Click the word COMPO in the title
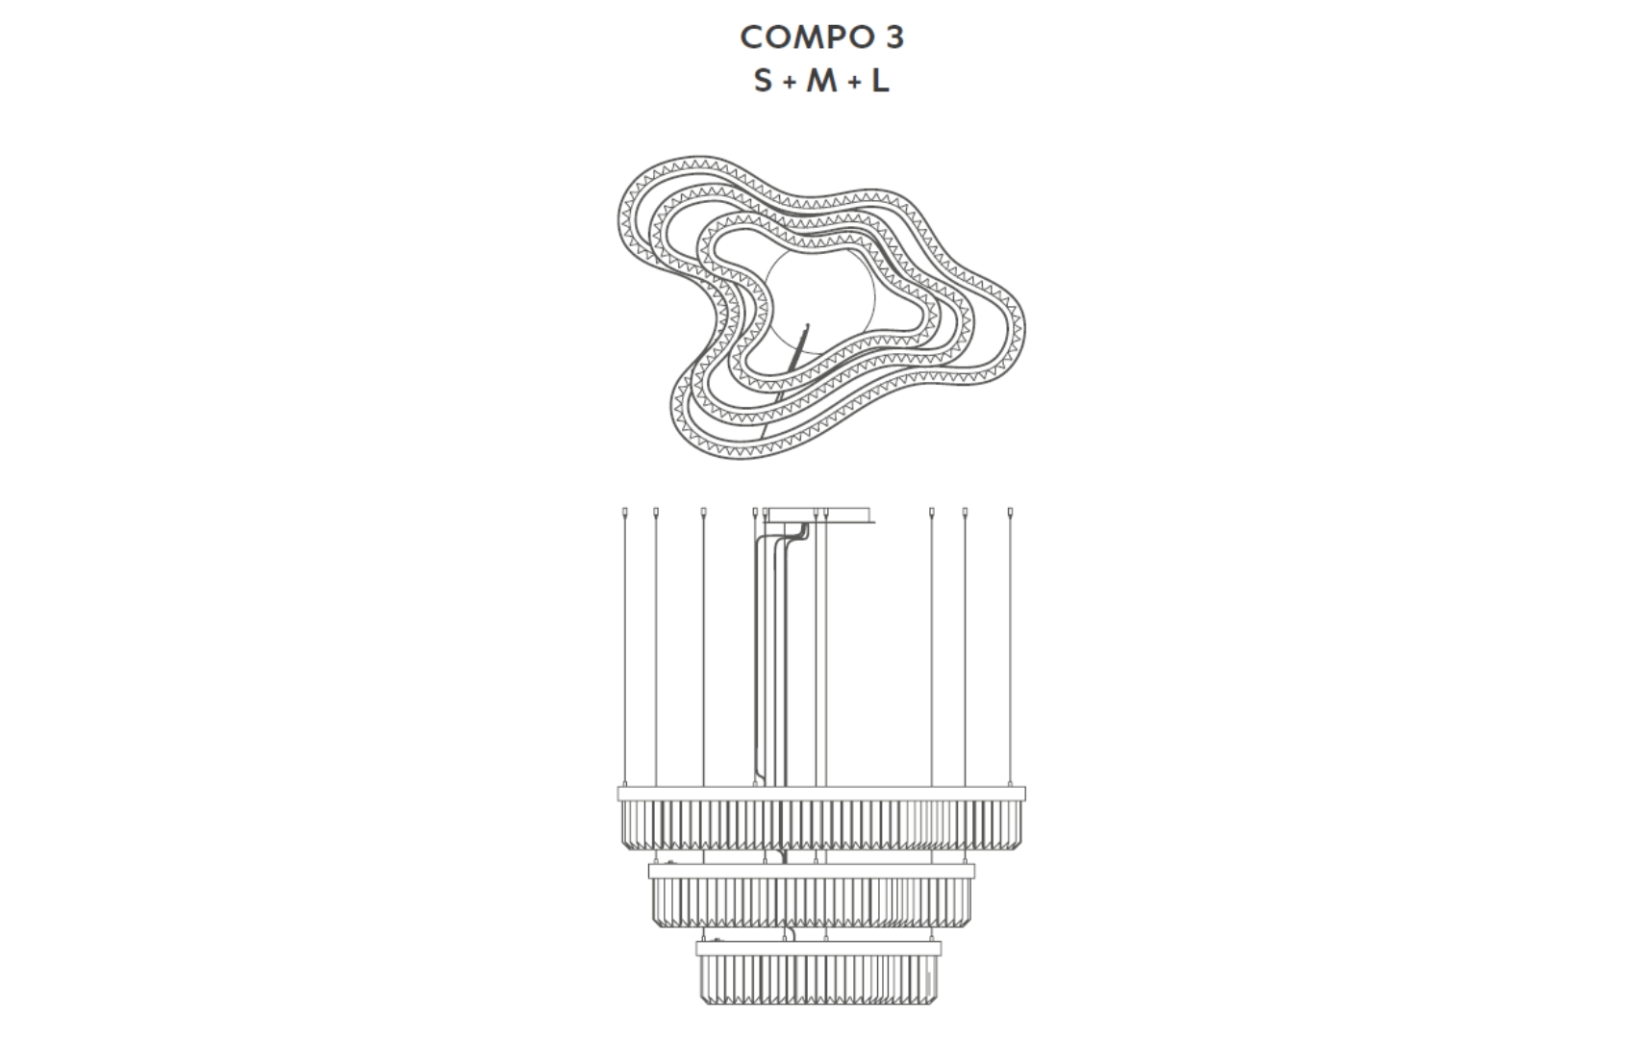pos(807,38)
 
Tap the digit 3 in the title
pos(895,38)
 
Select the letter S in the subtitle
pos(763,80)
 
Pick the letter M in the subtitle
pos(821,80)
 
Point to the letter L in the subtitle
pos(880,80)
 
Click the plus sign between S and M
pos(789,84)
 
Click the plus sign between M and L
pos(854,84)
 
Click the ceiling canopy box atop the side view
pos(820,516)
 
